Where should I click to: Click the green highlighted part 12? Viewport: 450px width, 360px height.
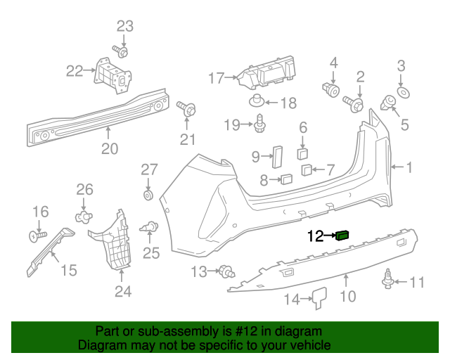[343, 236]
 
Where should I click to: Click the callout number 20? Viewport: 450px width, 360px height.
[109, 148]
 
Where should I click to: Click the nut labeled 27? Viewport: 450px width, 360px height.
[148, 194]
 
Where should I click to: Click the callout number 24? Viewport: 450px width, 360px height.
[123, 290]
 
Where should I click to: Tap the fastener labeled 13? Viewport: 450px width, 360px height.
[226, 271]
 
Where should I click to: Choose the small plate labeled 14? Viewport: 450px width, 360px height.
[318, 298]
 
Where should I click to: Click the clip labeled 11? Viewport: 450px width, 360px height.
[387, 279]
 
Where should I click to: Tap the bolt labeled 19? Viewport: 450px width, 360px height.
[259, 124]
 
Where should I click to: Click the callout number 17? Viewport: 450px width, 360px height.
[216, 78]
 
